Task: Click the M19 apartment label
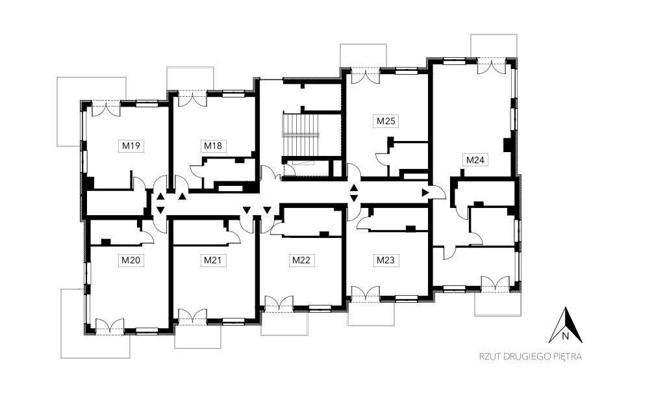131,146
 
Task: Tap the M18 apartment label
213,146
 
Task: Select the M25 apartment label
386,121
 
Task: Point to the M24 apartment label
475,160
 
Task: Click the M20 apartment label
131,260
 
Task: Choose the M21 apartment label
213,260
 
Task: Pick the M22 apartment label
301,260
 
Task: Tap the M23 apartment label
386,260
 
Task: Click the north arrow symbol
566,326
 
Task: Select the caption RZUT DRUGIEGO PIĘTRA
531,357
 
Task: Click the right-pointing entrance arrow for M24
425,192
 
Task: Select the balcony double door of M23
366,293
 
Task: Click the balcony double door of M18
192,99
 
